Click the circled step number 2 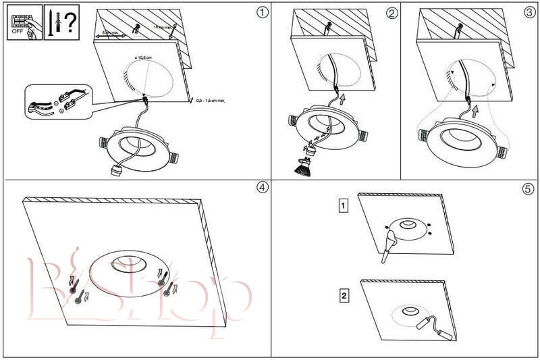pyautogui.click(x=391, y=12)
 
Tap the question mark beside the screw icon pyautogui.click(x=69, y=22)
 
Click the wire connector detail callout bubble pyautogui.click(x=57, y=102)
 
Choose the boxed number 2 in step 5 pyautogui.click(x=344, y=295)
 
